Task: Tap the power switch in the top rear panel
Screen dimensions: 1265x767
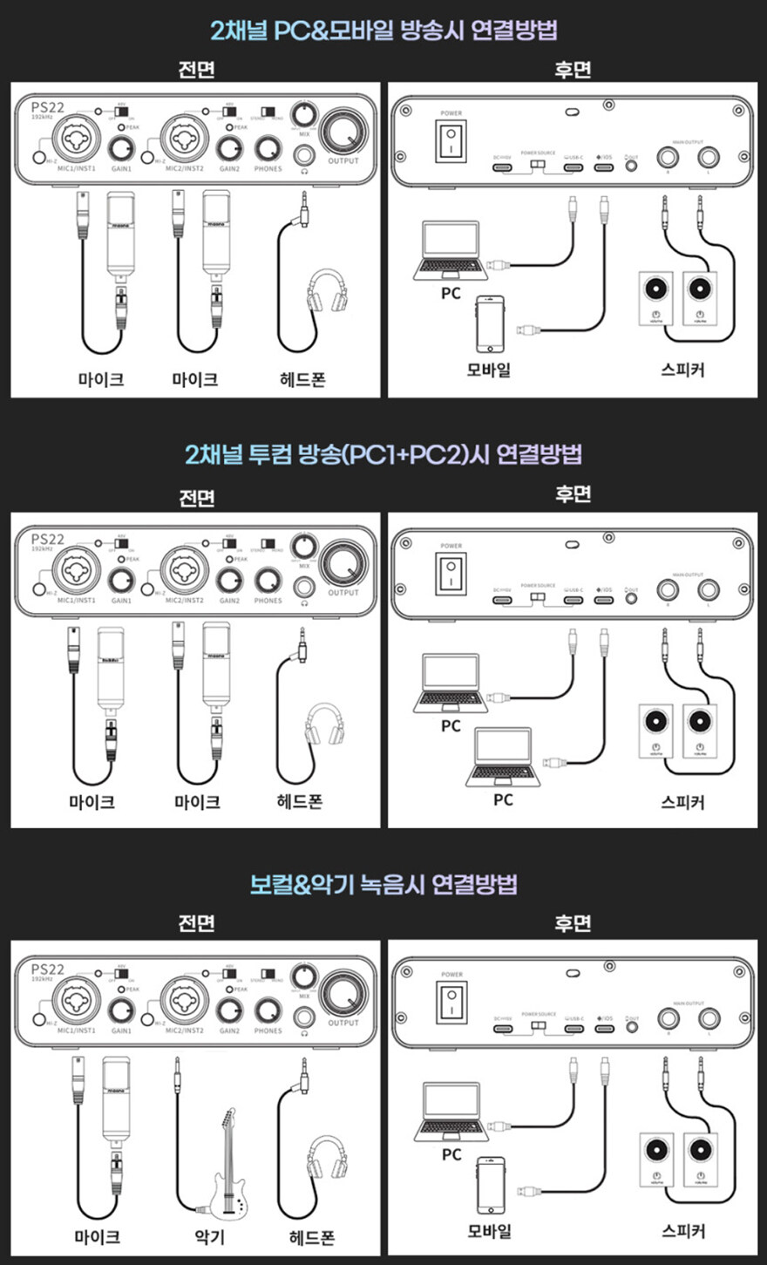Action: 451,140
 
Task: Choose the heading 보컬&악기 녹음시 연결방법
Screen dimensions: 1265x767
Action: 383,884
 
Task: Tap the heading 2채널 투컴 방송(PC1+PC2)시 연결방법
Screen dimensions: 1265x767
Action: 383,454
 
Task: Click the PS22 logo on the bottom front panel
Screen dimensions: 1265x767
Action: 48,969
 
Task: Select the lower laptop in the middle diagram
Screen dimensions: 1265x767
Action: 503,756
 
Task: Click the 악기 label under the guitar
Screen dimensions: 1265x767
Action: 209,1236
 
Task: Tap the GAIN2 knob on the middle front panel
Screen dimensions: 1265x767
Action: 230,580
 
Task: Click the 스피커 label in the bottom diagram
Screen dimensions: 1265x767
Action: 682,1231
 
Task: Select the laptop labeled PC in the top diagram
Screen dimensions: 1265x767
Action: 450,248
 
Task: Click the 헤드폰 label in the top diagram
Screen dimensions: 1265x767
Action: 302,378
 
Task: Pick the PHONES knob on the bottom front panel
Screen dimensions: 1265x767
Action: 268,1010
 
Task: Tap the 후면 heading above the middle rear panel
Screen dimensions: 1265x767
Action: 573,493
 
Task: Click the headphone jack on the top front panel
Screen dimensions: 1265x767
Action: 305,155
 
